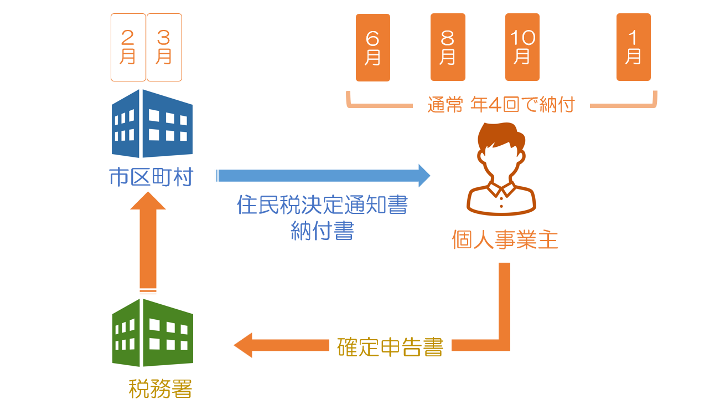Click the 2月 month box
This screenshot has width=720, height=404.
[x=128, y=47]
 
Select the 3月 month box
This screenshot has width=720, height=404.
[x=164, y=47]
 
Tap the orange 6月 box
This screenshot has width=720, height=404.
[x=373, y=47]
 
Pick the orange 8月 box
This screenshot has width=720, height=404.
[x=448, y=47]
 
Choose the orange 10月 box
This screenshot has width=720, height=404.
[x=522, y=47]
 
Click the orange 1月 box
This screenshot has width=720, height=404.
[x=634, y=47]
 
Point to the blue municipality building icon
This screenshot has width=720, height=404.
[x=152, y=124]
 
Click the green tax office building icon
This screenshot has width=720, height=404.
[x=153, y=333]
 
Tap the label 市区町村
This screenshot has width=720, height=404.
[x=151, y=177]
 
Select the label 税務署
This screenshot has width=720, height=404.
[x=160, y=388]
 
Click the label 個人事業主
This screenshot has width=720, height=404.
[x=505, y=240]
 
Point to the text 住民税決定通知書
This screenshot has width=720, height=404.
[x=323, y=204]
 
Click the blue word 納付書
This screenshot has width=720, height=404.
[x=323, y=231]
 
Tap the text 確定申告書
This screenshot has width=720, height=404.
[x=390, y=347]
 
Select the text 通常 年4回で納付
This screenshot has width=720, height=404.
[x=501, y=105]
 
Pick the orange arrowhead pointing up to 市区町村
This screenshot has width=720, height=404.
[x=148, y=201]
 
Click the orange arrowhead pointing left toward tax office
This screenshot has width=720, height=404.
[x=243, y=345]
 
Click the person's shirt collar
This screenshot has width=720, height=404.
[x=501, y=188]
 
